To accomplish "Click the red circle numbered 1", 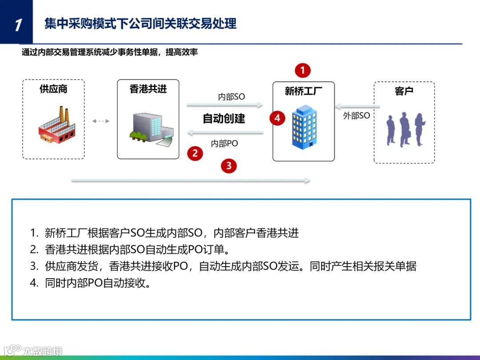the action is click(x=303, y=70).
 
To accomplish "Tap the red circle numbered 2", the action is click(x=195, y=153).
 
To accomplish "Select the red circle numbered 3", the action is click(x=229, y=166).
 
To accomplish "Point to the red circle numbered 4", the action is click(x=278, y=118).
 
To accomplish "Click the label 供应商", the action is click(x=53, y=89).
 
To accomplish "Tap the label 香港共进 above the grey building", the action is click(x=148, y=89).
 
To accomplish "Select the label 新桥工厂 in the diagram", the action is click(x=304, y=91).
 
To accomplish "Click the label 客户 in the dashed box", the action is click(x=404, y=91).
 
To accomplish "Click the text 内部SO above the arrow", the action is click(x=231, y=97).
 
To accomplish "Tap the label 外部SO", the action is click(x=356, y=116).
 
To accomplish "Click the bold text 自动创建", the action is click(x=224, y=119).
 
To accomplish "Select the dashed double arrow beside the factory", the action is click(x=100, y=121).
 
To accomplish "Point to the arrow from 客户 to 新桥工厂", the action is click(x=358, y=106).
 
